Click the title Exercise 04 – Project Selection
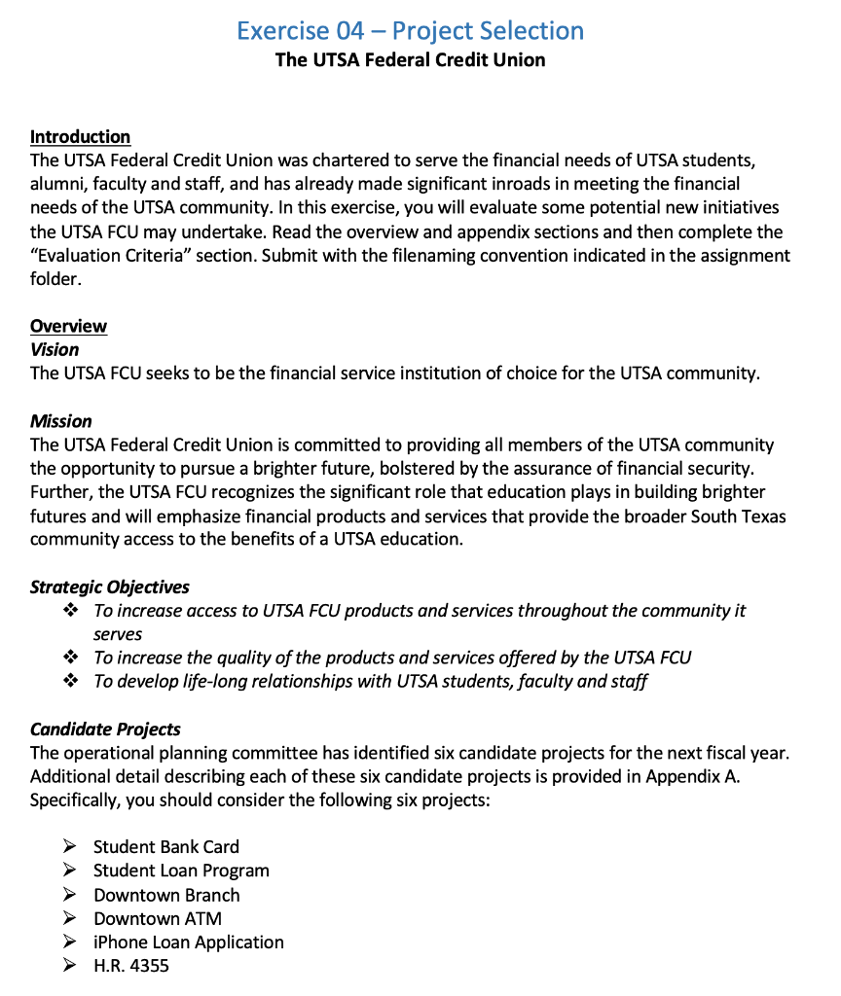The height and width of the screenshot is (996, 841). tap(410, 30)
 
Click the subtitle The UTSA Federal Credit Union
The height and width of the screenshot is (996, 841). tap(410, 60)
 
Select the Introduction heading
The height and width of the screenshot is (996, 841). tap(80, 136)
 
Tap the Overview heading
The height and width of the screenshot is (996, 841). tap(68, 326)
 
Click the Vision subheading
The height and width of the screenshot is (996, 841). tap(55, 349)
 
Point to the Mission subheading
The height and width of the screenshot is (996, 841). tap(60, 421)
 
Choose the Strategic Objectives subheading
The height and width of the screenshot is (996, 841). tap(109, 587)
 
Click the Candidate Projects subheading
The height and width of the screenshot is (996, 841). tap(105, 729)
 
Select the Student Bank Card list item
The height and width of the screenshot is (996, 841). tap(166, 847)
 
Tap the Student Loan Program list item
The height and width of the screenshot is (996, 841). tap(181, 871)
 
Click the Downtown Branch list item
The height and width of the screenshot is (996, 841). tap(166, 895)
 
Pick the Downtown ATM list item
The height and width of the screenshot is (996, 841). tap(158, 918)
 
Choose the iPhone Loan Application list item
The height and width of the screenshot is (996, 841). tap(189, 943)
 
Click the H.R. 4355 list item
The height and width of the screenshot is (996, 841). tap(131, 966)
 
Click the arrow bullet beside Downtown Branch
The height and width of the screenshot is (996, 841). tap(69, 895)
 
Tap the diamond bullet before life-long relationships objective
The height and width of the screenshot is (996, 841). tap(69, 681)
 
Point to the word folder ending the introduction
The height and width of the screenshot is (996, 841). tap(53, 279)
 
